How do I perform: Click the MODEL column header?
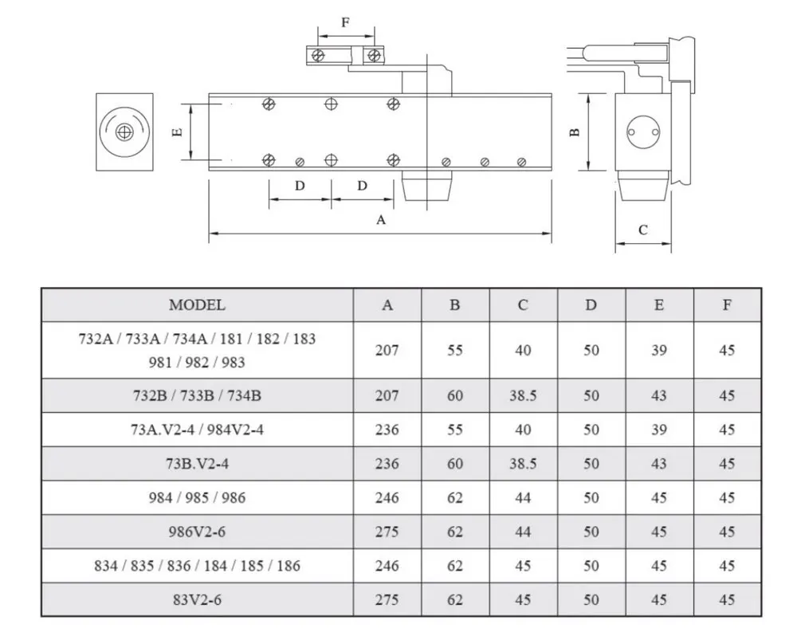[197, 304]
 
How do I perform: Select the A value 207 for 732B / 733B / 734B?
[387, 395]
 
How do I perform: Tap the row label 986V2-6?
[197, 532]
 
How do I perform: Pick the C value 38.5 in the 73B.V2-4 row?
[523, 464]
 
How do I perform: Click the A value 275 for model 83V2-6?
[387, 599]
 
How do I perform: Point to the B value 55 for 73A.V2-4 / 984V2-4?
[455, 430]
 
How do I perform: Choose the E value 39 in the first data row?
[658, 350]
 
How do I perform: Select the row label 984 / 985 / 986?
[197, 498]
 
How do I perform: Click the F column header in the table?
[727, 304]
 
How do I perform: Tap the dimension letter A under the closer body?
[381, 220]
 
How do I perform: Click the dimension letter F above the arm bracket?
[345, 22]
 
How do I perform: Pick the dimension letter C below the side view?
[643, 230]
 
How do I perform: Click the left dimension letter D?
[300, 186]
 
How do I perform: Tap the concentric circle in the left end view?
[123, 132]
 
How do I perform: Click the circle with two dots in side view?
[642, 132]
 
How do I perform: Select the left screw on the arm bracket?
[318, 55]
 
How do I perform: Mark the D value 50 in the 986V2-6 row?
[591, 532]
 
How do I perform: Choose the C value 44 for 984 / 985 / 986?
[523, 498]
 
